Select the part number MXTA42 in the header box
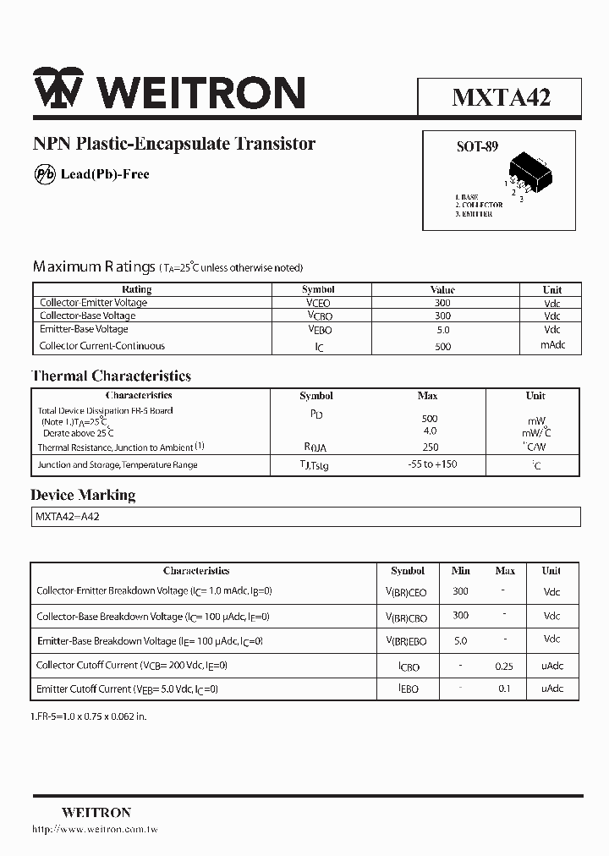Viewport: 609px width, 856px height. pyautogui.click(x=501, y=97)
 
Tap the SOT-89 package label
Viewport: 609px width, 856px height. pyautogui.click(x=477, y=146)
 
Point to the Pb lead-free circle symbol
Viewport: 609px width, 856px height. pyautogui.click(x=44, y=174)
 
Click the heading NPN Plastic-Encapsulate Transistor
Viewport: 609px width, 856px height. pyautogui.click(x=173, y=144)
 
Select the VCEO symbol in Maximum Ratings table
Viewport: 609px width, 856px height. pyautogui.click(x=318, y=303)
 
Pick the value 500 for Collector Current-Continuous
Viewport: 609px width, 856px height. pyautogui.click(x=442, y=346)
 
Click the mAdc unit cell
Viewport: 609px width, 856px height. pyautogui.click(x=552, y=345)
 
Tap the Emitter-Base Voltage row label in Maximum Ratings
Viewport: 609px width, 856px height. pyautogui.click(x=84, y=329)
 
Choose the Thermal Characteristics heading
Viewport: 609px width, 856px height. pyautogui.click(x=111, y=376)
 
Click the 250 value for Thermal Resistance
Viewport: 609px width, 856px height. pyautogui.click(x=429, y=447)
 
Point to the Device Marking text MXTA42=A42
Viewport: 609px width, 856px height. pyautogui.click(x=67, y=517)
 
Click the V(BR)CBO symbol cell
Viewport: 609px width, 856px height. pyautogui.click(x=407, y=617)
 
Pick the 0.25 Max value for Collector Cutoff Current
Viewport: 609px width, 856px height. pyautogui.click(x=504, y=666)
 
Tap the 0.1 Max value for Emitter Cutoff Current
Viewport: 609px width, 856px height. pyautogui.click(x=504, y=689)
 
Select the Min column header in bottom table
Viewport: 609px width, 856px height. pyautogui.click(x=460, y=571)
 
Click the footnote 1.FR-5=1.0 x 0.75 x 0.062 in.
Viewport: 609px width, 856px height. pyautogui.click(x=89, y=716)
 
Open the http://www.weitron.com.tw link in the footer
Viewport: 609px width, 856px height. pyautogui.click(x=95, y=830)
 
